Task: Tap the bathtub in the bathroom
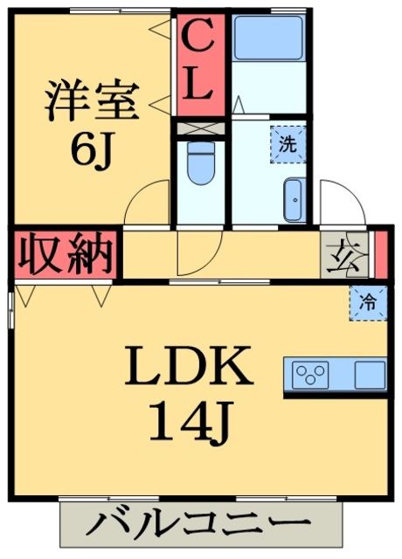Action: tap(268, 38)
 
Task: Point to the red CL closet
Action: tap(200, 63)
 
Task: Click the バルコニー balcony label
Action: tap(200, 528)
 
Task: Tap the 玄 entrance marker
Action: tap(336, 254)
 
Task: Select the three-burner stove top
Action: tap(309, 376)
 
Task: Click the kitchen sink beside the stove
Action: tap(369, 376)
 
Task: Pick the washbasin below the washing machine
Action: tap(294, 198)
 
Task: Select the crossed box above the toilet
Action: tap(200, 127)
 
